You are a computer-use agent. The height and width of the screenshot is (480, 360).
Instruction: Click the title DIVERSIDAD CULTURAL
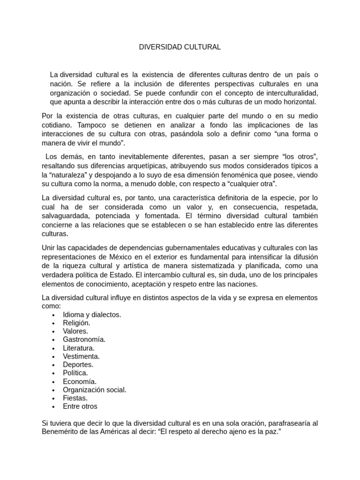tap(180, 47)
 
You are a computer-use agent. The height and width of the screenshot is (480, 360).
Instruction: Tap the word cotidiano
tap(58, 125)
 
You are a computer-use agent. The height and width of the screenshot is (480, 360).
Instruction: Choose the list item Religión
tap(76, 323)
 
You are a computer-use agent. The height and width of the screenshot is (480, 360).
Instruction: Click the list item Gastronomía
tap(84, 339)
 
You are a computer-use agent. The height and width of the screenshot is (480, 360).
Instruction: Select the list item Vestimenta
tap(81, 356)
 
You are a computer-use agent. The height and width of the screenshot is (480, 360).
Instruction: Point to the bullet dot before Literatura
tap(54, 348)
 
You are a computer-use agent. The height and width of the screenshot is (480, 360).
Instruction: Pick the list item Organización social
tap(94, 390)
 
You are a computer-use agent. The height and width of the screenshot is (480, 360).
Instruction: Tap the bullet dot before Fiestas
tap(54, 398)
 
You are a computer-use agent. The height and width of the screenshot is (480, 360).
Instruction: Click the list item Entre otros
tap(80, 406)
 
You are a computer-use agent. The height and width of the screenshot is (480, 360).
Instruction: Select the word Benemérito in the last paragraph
tap(62, 432)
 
